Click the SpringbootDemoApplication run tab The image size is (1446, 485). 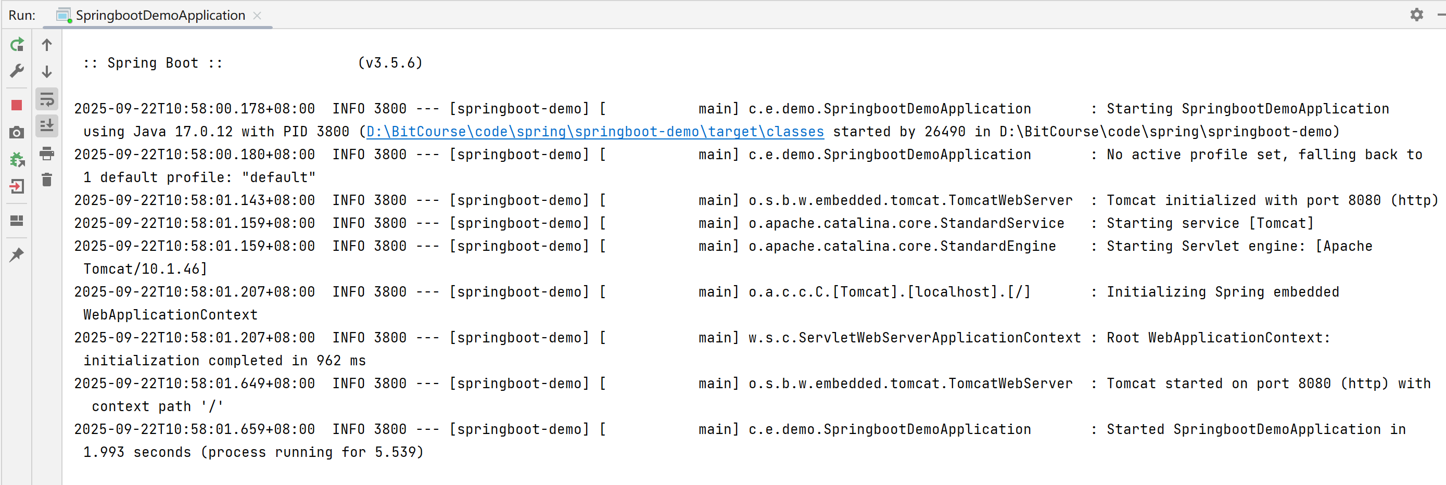(x=160, y=15)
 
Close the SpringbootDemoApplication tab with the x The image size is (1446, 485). (x=257, y=16)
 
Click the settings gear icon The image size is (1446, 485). (x=1416, y=15)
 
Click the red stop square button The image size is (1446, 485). (x=17, y=105)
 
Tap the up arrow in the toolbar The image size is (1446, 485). (x=47, y=45)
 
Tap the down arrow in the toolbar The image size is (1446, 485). (x=47, y=72)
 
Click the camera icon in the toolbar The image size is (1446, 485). (x=17, y=133)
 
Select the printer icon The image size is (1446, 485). (x=47, y=153)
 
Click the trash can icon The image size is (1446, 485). (x=47, y=180)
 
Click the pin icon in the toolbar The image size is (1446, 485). (x=17, y=255)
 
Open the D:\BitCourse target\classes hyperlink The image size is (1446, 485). (x=594, y=132)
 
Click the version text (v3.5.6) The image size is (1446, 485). (x=390, y=63)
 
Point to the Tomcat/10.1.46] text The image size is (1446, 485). (x=145, y=270)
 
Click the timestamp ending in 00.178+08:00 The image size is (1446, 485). (x=194, y=109)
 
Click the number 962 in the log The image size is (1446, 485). (x=328, y=361)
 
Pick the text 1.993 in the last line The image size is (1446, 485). (x=104, y=452)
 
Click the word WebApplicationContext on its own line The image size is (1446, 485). (x=170, y=315)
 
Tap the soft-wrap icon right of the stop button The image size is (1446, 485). (x=47, y=100)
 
